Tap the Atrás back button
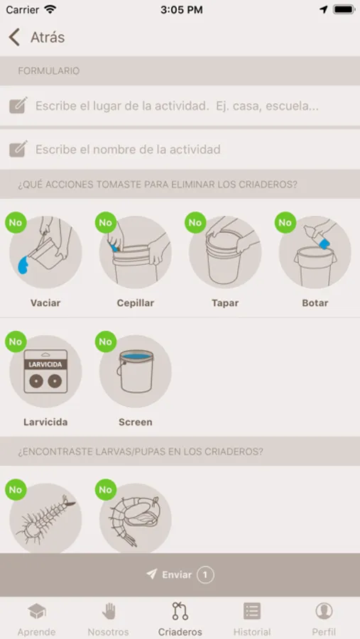36,37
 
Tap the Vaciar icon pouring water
45,252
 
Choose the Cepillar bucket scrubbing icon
136,252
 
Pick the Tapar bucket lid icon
225,252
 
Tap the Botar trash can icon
315,252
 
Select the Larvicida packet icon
45,371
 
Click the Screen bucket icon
136,371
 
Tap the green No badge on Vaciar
16,222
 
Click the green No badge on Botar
285,222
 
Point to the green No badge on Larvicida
16,342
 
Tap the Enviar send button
180,574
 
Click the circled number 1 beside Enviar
205,575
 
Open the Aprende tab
37,619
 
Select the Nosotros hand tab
109,619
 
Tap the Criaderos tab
180,619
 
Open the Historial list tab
252,619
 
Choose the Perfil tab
324,619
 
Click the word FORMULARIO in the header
48,71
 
